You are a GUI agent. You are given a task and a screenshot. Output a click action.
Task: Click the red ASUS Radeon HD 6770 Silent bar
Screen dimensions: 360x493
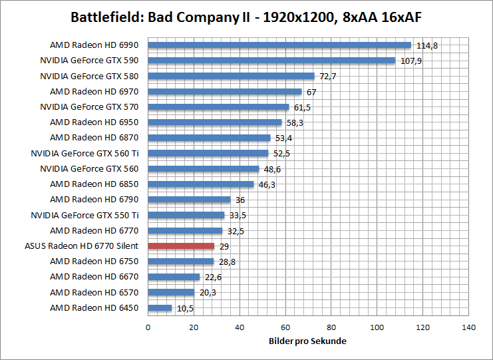[181, 246]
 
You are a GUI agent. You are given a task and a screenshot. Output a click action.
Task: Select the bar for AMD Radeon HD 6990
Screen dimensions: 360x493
[279, 45]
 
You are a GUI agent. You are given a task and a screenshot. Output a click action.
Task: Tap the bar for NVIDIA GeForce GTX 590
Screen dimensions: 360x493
[271, 61]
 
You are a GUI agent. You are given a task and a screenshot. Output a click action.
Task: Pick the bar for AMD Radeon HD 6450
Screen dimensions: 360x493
[160, 308]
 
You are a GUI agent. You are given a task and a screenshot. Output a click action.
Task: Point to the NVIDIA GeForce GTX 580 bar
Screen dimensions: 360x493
[231, 76]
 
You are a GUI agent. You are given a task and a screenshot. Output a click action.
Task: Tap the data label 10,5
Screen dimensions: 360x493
[184, 308]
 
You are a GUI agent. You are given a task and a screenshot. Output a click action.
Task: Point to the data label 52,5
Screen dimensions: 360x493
[282, 154]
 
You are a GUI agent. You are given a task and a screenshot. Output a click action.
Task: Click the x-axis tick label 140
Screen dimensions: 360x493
[469, 327]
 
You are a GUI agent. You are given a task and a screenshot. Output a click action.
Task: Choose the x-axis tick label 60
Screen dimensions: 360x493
[285, 327]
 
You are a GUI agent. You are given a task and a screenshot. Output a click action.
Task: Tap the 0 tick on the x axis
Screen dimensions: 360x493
[148, 327]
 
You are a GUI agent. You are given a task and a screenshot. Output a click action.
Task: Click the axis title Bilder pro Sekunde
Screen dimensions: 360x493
[308, 341]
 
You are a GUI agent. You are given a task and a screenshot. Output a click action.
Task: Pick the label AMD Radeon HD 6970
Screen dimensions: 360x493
[94, 91]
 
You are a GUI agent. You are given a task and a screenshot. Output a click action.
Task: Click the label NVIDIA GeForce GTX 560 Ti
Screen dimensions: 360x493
[84, 153]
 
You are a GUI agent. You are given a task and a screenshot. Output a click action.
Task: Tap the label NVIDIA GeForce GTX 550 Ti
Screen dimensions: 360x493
[84, 215]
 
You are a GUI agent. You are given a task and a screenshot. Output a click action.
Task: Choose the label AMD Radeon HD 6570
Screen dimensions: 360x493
[94, 292]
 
